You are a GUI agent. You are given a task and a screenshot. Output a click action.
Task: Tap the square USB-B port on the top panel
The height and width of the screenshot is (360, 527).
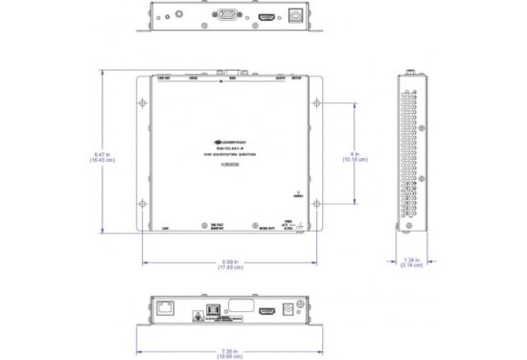click(x=300, y=16)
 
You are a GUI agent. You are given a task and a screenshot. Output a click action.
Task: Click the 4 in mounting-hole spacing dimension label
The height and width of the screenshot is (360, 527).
click(x=357, y=156)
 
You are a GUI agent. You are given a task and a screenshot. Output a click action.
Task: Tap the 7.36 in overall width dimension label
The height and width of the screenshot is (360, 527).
click(x=230, y=351)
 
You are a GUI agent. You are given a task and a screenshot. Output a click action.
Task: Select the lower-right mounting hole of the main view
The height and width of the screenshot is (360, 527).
click(x=317, y=204)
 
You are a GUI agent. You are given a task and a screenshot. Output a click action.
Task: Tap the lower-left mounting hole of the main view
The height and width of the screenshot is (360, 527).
click(x=143, y=204)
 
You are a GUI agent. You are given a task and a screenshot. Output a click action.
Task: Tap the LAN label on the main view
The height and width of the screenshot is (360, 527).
click(x=166, y=228)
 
